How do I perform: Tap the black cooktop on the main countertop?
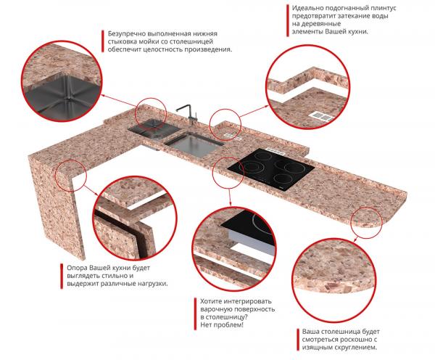pos(270,169)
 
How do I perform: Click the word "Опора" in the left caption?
pos(77,269)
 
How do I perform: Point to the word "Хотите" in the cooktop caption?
pos(212,301)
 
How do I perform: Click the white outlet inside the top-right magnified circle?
pos(321,116)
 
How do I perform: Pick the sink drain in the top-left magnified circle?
pos(66,98)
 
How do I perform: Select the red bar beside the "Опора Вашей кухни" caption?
pos(62,276)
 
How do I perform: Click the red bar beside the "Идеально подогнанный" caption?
pos(287,20)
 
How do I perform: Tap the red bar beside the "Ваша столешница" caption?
pos(298,340)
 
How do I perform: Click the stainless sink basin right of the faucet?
pos(194,144)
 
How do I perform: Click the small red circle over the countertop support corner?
pos(71,176)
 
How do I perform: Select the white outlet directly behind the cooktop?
pos(275,152)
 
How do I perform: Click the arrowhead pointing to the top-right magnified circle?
pos(267,106)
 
